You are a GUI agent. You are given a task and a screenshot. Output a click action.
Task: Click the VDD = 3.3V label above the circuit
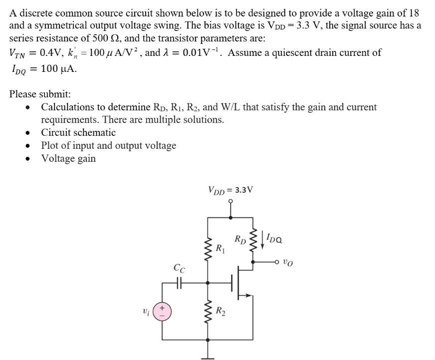click(x=230, y=190)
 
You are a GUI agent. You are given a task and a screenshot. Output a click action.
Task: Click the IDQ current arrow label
click(x=274, y=239)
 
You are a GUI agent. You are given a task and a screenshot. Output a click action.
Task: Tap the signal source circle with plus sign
click(x=161, y=312)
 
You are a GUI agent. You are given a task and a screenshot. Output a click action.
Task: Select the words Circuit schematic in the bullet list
click(x=78, y=132)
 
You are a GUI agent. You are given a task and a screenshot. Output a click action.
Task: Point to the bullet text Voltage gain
click(x=68, y=158)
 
